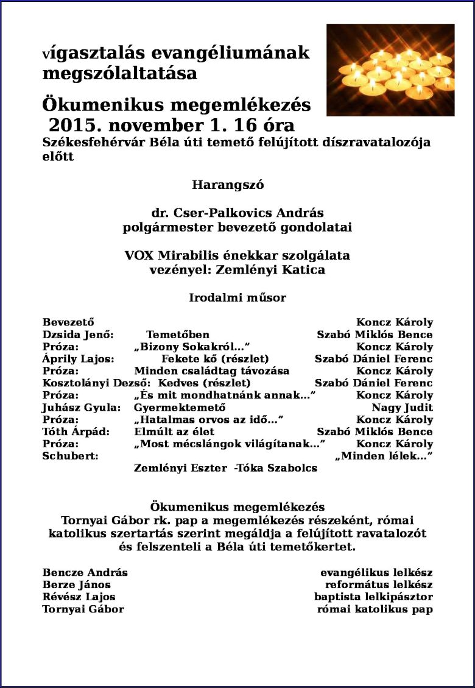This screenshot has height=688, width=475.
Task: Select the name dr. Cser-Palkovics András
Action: (237, 214)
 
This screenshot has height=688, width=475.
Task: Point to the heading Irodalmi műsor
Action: (237, 298)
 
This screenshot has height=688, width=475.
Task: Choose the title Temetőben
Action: (178, 335)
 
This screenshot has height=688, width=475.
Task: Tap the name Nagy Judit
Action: (402, 408)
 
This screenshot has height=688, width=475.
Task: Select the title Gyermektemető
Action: (180, 408)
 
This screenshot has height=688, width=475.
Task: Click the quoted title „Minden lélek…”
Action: (384, 456)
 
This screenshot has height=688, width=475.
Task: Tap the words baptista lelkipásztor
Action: (373, 597)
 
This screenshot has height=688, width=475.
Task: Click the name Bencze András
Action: (85, 573)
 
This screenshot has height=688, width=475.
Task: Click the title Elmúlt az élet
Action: (174, 432)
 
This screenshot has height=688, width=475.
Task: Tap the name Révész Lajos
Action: (79, 597)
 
